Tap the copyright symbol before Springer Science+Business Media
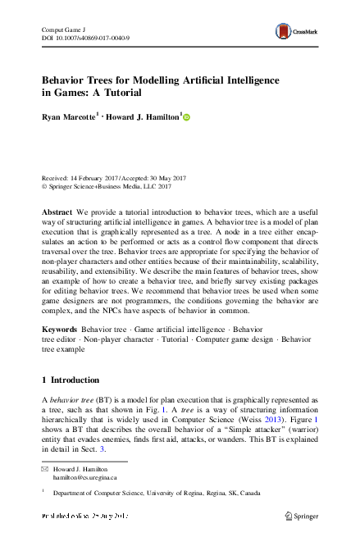point(44,186)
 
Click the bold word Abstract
point(57,212)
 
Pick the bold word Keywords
point(59,328)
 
